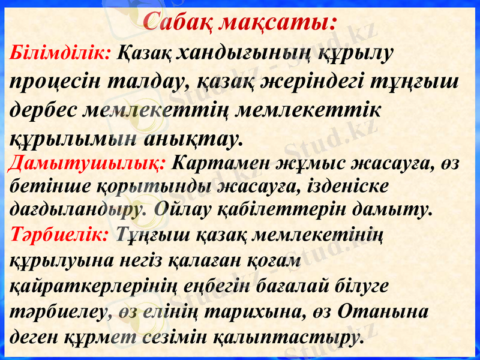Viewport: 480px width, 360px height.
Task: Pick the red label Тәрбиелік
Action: pyautogui.click(x=59, y=234)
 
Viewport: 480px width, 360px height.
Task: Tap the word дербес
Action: pyautogui.click(x=45, y=110)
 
